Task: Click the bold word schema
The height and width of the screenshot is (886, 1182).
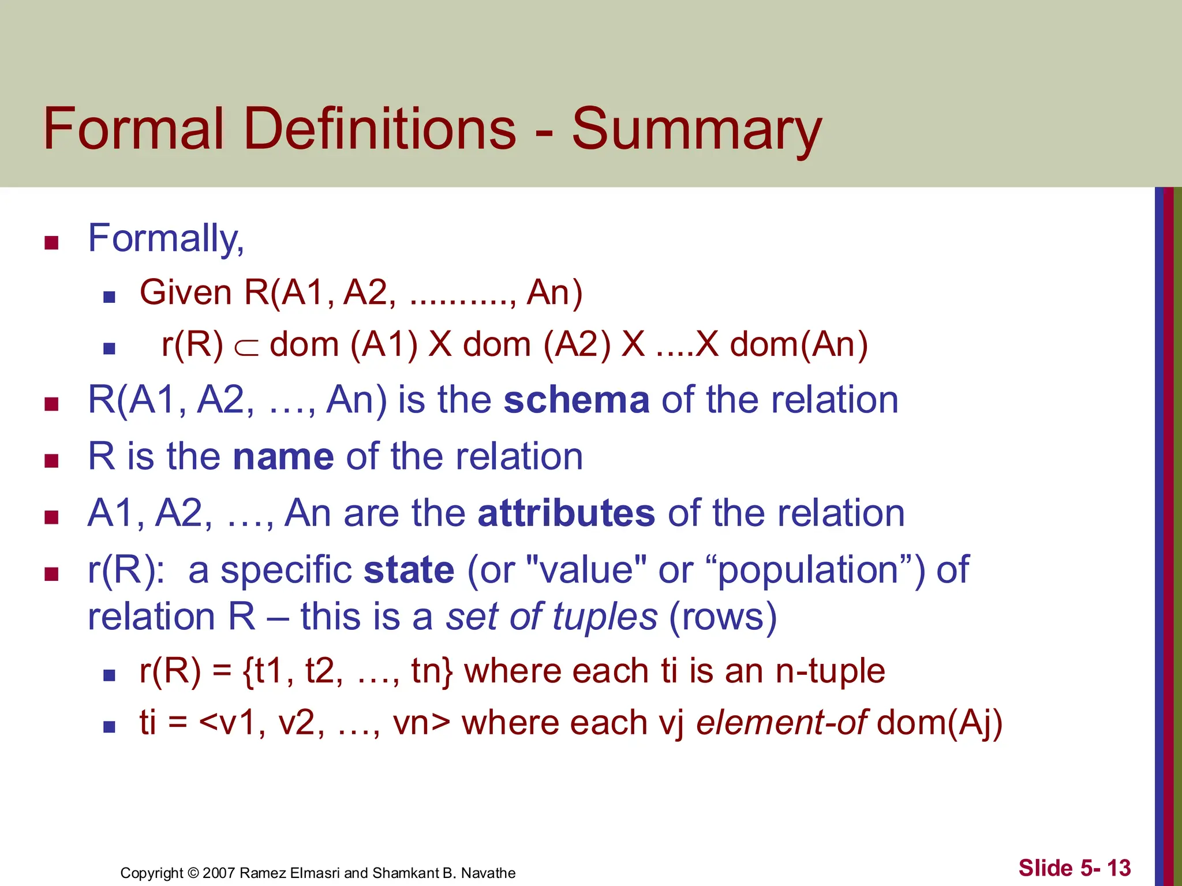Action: pos(577,400)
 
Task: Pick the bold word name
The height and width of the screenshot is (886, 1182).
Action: pos(283,457)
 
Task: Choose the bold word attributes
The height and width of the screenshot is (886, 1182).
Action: pos(566,513)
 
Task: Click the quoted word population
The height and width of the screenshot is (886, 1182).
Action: pos(809,571)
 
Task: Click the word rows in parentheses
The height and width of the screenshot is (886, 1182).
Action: pos(723,617)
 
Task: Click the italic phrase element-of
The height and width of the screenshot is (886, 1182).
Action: pos(781,723)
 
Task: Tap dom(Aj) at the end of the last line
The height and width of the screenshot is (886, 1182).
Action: pos(939,723)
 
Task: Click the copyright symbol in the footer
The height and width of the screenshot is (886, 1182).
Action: pos(193,873)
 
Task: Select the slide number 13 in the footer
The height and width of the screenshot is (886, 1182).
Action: pos(1119,868)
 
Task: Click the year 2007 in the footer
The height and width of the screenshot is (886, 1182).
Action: pos(218,873)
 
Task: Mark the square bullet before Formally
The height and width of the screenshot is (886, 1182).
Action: pos(52,243)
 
